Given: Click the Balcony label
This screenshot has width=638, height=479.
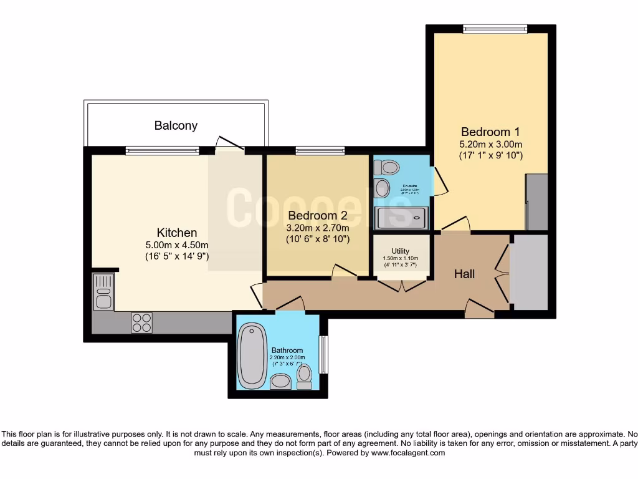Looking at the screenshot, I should point(176,125).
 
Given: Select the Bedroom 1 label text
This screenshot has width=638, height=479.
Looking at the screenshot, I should point(490,132).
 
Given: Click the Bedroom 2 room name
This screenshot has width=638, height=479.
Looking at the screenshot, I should point(317,215).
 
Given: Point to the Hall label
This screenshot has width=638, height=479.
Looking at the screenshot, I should point(464,274).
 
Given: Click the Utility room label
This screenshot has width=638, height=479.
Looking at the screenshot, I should point(401,251).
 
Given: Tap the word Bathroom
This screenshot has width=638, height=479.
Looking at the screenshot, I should point(287,351).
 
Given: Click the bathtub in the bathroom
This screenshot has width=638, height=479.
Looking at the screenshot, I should point(252,356).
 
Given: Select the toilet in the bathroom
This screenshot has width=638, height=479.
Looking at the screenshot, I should point(304,376).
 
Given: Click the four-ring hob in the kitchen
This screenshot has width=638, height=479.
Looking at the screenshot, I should point(141,322).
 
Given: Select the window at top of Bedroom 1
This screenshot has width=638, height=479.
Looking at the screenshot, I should point(495,28).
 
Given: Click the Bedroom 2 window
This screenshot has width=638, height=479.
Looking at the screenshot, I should point(320,150).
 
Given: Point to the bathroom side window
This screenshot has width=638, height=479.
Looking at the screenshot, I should point(323,354).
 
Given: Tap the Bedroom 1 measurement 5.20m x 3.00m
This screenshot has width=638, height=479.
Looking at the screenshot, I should point(490,143).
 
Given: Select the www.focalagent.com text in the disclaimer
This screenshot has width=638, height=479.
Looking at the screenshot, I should point(407,453).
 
